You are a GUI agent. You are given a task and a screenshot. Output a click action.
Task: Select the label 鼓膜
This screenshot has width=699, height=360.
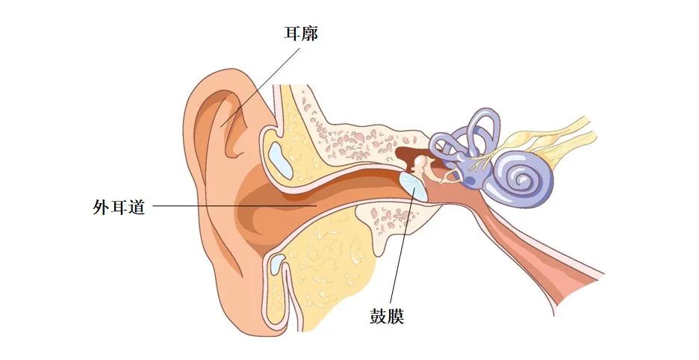(387, 317)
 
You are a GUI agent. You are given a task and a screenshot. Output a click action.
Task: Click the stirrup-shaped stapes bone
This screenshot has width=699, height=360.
(450, 176)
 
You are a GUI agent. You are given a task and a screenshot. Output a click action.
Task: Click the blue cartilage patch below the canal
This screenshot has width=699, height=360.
(277, 263)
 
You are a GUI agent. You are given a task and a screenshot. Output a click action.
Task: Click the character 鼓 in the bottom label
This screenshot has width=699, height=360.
(378, 317)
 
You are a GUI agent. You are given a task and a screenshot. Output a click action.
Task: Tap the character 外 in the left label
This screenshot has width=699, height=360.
(102, 206)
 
